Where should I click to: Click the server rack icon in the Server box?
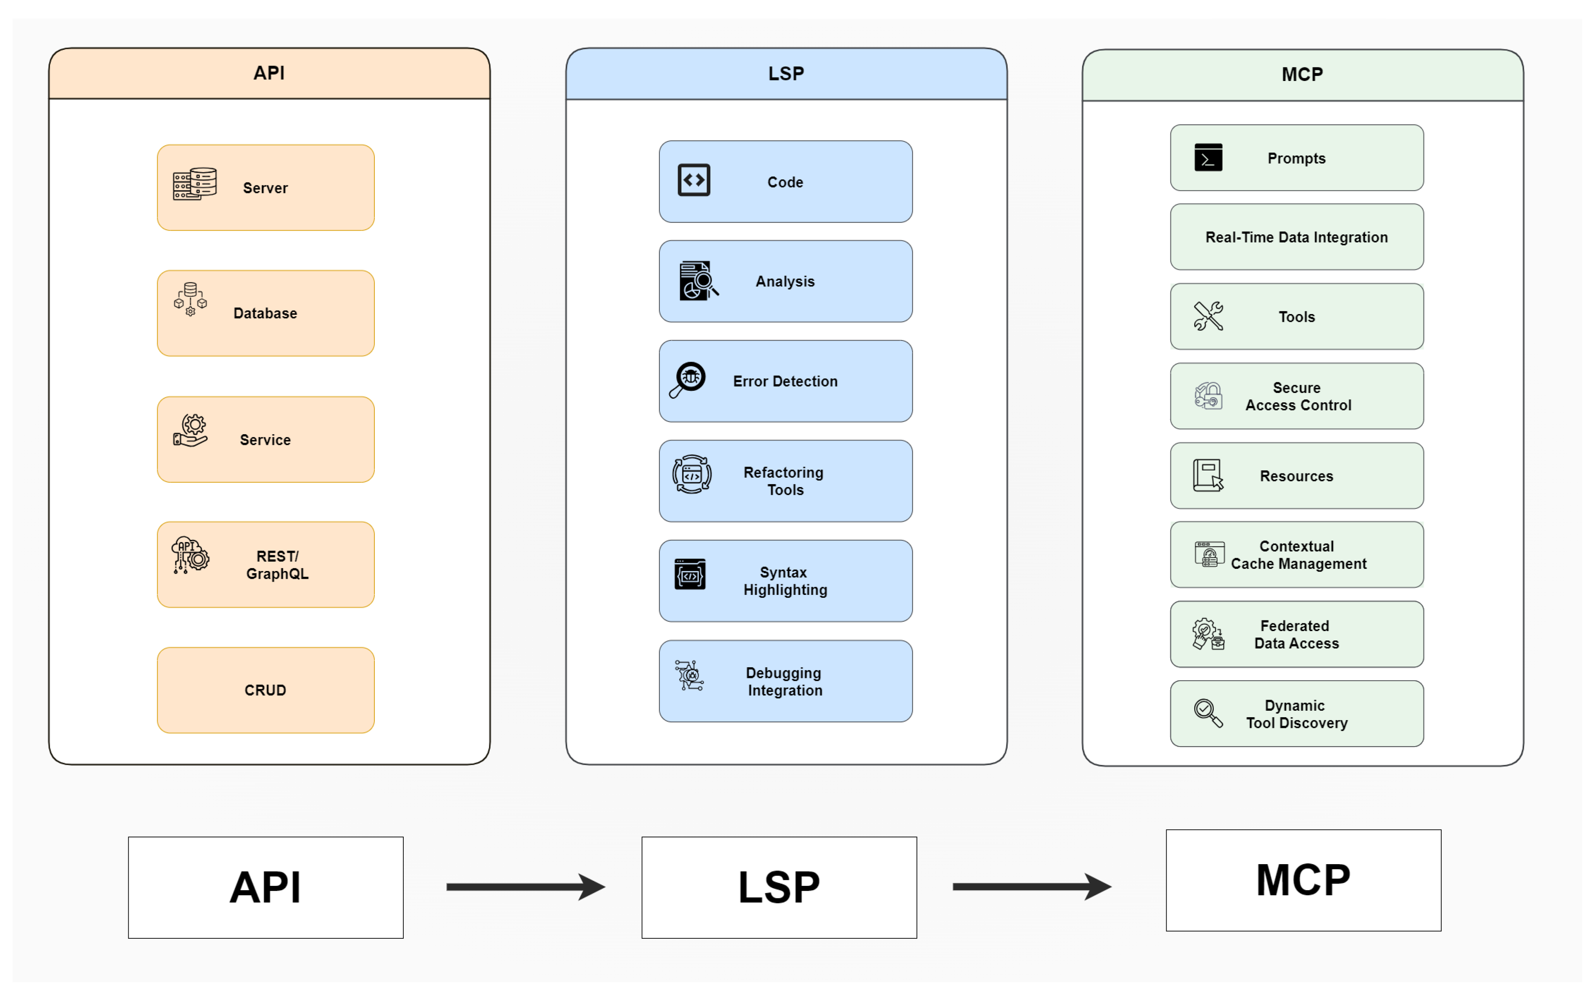pos(195,184)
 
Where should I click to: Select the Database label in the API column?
pos(265,313)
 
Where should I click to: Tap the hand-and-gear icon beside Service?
pos(191,432)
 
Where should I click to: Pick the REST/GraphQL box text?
pos(277,565)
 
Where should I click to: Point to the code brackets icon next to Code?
pos(694,180)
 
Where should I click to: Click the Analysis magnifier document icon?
pos(697,281)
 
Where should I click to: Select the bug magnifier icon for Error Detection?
pos(687,380)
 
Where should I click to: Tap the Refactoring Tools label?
pos(784,481)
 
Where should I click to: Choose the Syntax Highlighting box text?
pos(785,581)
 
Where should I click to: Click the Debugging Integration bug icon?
pos(689,676)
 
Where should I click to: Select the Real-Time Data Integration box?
pos(1296,237)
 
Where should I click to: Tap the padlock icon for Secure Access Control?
pos(1208,396)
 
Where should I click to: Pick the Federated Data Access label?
pos(1296,634)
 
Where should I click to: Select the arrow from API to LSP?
pos(525,887)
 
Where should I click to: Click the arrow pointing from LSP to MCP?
pos(1032,887)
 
